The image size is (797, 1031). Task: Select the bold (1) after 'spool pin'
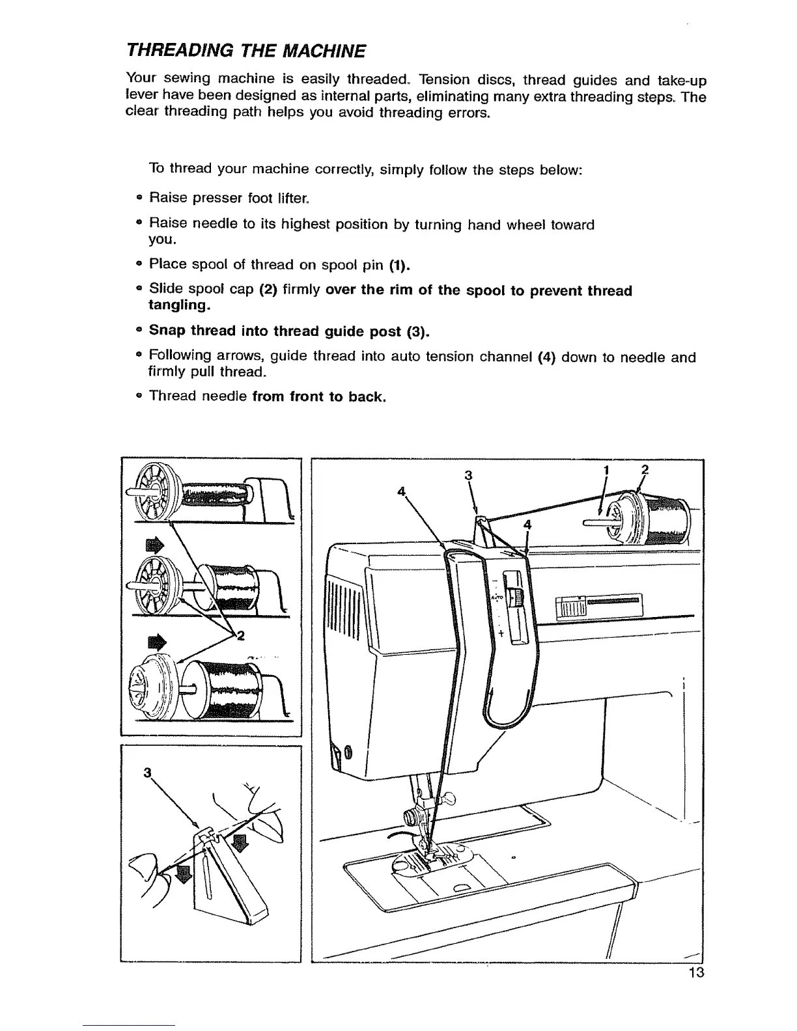[399, 265]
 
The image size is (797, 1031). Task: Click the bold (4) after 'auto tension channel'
[545, 357]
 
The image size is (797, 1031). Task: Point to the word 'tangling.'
[179, 305]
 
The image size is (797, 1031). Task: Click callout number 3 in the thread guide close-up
[147, 773]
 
